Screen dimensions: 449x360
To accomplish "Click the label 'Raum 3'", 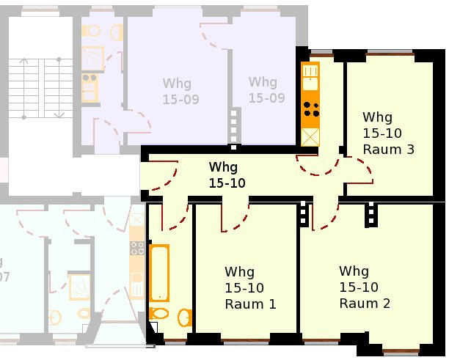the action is point(389,150).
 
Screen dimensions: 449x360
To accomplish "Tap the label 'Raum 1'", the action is point(251,304).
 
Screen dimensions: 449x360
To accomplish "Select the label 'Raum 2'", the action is point(365,304).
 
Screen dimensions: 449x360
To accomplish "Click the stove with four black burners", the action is point(310,109).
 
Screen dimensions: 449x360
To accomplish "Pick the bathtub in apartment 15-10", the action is point(159,273).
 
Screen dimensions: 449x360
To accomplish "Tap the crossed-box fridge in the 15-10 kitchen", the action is point(310,137).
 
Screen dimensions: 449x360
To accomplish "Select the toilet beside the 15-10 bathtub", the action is point(159,314).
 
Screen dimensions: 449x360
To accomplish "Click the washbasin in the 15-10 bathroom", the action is point(185,317).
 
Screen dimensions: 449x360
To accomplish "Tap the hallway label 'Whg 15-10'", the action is point(227,175).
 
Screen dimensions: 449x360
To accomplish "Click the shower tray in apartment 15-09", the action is point(92,59).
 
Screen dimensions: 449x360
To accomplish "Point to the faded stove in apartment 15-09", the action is point(90,87).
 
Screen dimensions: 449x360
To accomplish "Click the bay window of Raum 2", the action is point(401,351).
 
